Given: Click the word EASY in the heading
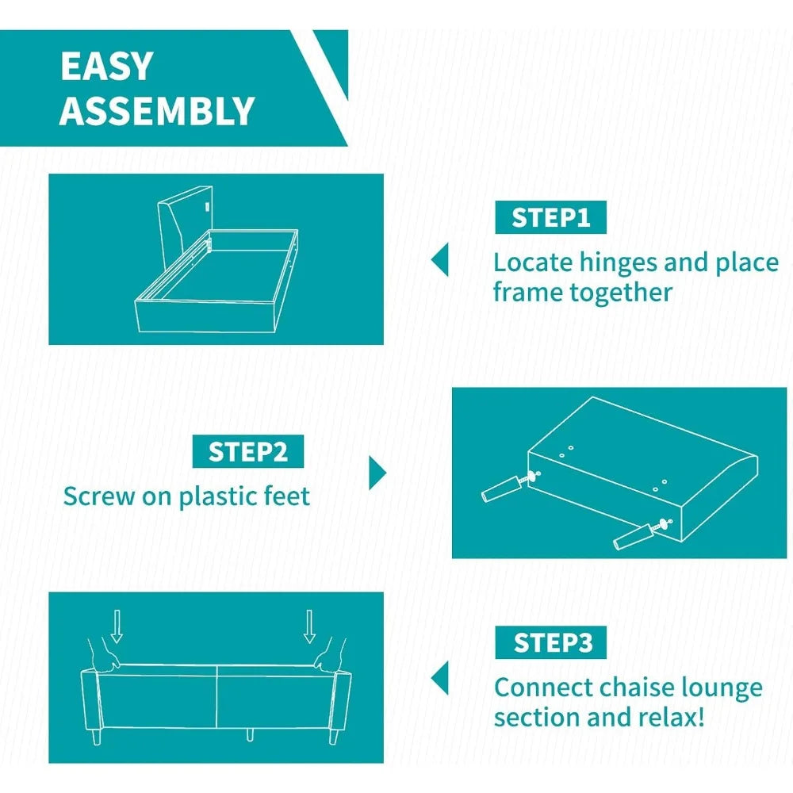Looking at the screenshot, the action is coord(107,66).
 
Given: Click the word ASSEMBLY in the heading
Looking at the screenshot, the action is coord(157,110).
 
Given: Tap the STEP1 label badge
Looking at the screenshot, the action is coord(550,217).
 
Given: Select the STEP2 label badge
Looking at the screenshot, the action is coord(247,451).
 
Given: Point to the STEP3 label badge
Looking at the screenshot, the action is coord(551,642).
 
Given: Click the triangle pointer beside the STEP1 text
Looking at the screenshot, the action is coord(439,260).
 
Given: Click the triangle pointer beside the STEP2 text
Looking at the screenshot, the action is coord(377,473).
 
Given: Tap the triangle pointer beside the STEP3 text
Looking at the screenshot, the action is coord(439,678).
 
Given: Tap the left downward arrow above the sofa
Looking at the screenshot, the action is coord(117,626).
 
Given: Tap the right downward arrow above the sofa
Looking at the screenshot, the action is coord(309,626).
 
